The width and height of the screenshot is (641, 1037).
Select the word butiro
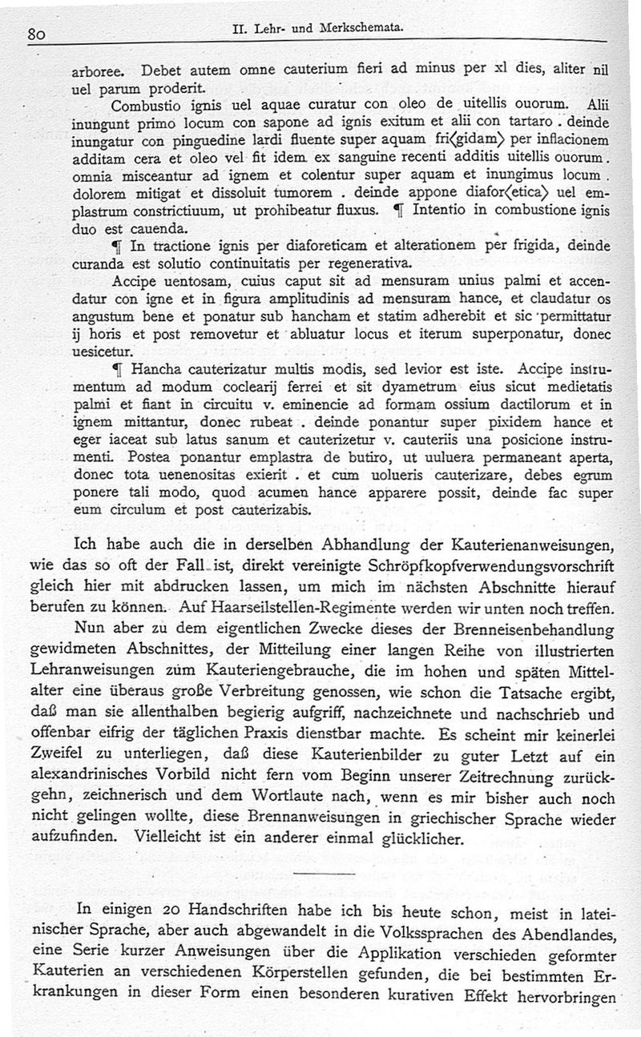click(x=366, y=459)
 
